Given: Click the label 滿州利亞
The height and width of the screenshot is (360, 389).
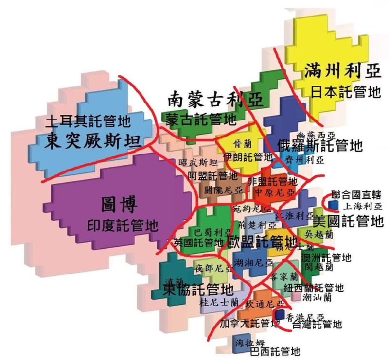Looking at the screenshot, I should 341,71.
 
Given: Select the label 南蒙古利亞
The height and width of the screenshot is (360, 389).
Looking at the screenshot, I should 214,99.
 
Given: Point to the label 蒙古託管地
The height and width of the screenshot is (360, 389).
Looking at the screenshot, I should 200,119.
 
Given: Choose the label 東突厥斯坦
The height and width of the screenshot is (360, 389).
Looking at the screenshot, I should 90,140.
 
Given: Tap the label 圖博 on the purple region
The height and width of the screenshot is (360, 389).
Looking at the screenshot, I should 116,205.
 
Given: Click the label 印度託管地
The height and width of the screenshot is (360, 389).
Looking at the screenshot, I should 123,225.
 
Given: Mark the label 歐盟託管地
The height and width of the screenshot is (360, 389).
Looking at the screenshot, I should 263,241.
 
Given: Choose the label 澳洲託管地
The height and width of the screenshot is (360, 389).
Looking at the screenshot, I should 326,257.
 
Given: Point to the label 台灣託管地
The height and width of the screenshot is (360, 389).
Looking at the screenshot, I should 317,324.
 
